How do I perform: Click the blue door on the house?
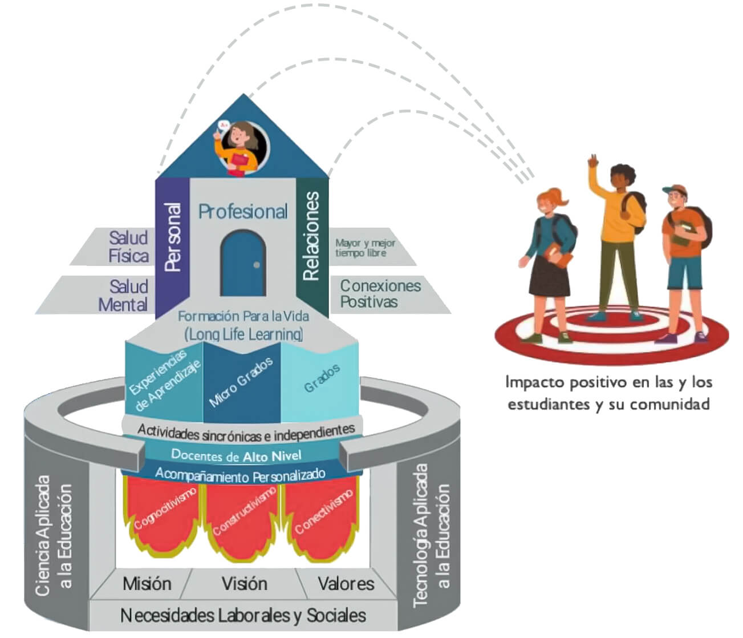(243, 264)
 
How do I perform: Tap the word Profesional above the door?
(243, 212)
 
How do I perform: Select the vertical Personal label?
(172, 237)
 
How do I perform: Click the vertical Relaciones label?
(311, 236)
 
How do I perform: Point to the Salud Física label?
(129, 247)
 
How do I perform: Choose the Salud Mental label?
(124, 295)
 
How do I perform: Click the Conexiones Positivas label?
(380, 293)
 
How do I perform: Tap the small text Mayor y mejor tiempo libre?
(365, 248)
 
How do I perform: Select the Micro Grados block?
(241, 382)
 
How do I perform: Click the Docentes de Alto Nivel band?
(236, 455)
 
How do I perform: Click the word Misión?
(147, 584)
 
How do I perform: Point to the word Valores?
(346, 584)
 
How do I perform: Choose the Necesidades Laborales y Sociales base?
(243, 615)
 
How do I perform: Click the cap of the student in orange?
(674, 189)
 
